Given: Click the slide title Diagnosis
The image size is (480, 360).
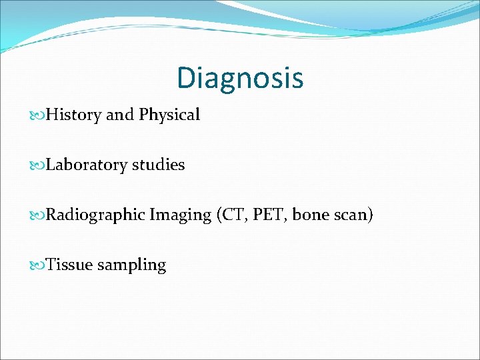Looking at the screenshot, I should pyautogui.click(x=240, y=78).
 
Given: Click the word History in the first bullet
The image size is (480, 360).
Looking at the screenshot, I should pyautogui.click(x=74, y=115).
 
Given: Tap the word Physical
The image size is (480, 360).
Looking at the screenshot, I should pyautogui.click(x=169, y=115).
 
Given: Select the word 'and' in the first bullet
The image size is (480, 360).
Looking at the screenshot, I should pyautogui.click(x=121, y=115).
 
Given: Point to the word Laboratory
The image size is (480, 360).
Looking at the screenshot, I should pyautogui.click(x=86, y=165).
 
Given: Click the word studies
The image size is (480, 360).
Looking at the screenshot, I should pyautogui.click(x=158, y=165).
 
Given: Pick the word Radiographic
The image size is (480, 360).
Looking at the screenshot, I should pyautogui.click(x=95, y=215).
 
